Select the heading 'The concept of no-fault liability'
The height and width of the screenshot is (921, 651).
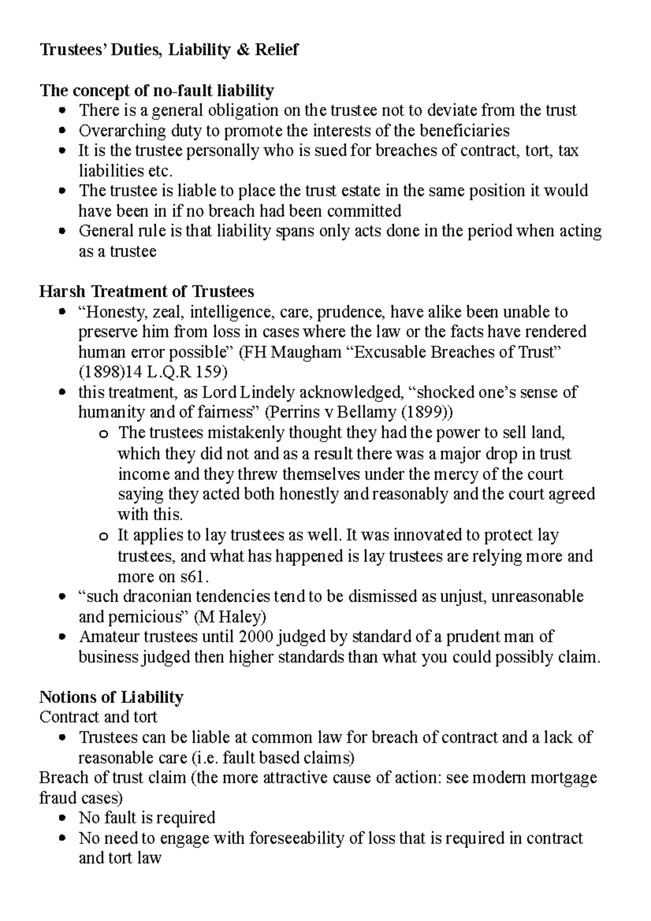point(157,90)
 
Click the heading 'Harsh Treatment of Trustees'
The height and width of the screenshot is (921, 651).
point(146,292)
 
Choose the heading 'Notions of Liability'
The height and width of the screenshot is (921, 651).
point(111,697)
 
